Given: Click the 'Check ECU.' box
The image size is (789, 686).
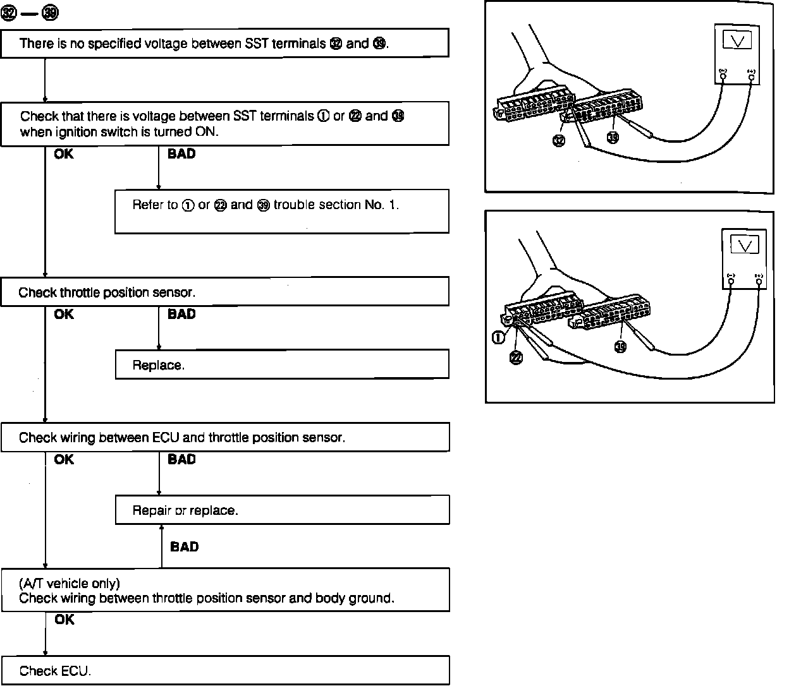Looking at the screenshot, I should pos(225,670).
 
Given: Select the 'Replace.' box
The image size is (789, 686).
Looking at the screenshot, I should pos(282,364).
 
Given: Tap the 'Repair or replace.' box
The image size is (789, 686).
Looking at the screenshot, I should pos(282,510).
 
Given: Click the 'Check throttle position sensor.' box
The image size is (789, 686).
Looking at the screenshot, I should pos(225,292).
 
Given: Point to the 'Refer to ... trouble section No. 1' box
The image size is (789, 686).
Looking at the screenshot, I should pos(282,211).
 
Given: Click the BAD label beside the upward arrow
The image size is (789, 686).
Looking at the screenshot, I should pos(184,546).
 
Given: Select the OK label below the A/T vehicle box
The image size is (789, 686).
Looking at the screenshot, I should pos(64,620).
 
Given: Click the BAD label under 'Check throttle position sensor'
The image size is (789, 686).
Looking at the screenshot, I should pos(181,314).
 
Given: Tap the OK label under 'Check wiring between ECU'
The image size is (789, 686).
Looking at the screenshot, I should pos(64,459).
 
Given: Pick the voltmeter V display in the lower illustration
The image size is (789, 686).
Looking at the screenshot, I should pos(744,245).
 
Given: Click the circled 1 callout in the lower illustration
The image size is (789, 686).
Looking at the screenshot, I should pos(498,337).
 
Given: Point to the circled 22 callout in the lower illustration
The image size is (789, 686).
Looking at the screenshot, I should pos(517,358).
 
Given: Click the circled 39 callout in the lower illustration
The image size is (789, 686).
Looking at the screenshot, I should pos(621,346).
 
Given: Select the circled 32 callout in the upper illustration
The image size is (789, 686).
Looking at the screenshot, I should pos(559,140).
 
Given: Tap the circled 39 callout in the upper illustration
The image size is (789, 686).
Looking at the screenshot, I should pos(613,136).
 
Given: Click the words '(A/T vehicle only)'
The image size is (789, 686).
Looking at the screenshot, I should pos(70,582).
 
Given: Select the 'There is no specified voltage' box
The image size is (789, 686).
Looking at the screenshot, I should pos(225,43).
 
